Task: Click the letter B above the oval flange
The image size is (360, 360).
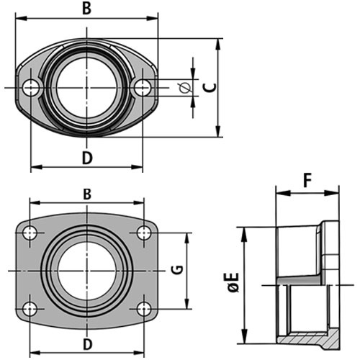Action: pyautogui.click(x=87, y=9)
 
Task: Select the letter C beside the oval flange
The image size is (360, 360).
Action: pyautogui.click(x=209, y=88)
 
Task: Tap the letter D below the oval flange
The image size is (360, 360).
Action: pyautogui.click(x=87, y=158)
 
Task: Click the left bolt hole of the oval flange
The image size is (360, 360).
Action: pyautogui.click(x=30, y=88)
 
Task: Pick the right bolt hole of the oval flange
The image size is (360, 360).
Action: pyautogui.click(x=143, y=88)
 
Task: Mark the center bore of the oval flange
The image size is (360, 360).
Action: pyautogui.click(x=87, y=88)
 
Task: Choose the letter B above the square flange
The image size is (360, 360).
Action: pyautogui.click(x=87, y=194)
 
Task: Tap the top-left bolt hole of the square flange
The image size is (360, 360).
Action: pyautogui.click(x=30, y=233)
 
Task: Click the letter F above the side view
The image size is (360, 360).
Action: pyautogui.click(x=307, y=180)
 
